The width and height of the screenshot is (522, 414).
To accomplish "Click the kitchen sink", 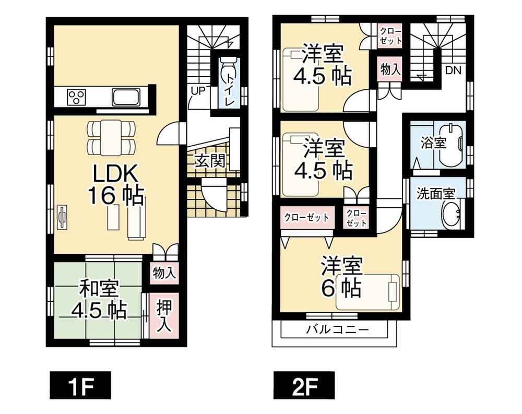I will [x=125, y=97].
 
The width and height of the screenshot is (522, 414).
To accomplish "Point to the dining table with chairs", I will [x=111, y=137].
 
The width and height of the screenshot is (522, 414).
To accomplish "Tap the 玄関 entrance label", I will [x=210, y=161].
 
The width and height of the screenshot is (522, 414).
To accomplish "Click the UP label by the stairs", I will [x=198, y=90].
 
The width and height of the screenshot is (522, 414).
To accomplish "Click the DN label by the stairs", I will [x=453, y=70].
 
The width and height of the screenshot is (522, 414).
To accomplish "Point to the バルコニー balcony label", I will [x=337, y=330].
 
